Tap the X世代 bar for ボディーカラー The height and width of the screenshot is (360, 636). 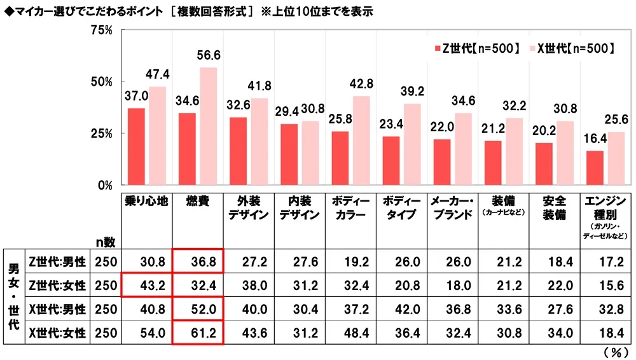point(361,141)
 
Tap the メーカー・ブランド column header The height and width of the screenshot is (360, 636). point(452,208)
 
